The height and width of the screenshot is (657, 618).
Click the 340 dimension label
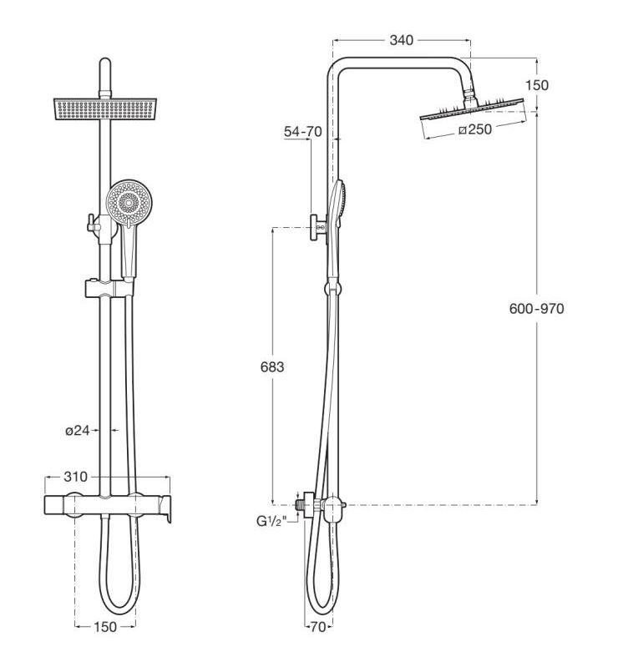[x=401, y=40]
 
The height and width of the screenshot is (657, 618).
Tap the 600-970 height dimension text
[x=537, y=309]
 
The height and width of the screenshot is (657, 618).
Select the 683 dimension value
[x=272, y=367]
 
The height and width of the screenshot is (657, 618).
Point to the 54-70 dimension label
[x=302, y=132]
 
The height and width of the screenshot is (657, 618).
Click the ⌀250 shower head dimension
[x=475, y=129]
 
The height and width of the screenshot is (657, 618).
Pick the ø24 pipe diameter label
[x=78, y=430]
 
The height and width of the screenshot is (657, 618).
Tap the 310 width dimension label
[x=75, y=477]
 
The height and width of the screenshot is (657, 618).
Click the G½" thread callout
[x=271, y=521]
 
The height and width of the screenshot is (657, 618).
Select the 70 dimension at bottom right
[x=318, y=627]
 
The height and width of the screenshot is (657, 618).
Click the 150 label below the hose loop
[x=105, y=627]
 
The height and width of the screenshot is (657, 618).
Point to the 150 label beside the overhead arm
[x=537, y=85]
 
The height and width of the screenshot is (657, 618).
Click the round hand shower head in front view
[x=129, y=203]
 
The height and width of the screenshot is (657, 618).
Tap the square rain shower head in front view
[x=105, y=109]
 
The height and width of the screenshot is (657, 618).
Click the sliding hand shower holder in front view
[x=109, y=288]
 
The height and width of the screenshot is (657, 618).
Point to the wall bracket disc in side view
[x=314, y=228]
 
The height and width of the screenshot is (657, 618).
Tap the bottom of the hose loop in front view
[x=119, y=611]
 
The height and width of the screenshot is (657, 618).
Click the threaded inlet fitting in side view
[x=299, y=504]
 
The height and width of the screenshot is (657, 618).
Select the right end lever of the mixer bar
[x=165, y=508]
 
